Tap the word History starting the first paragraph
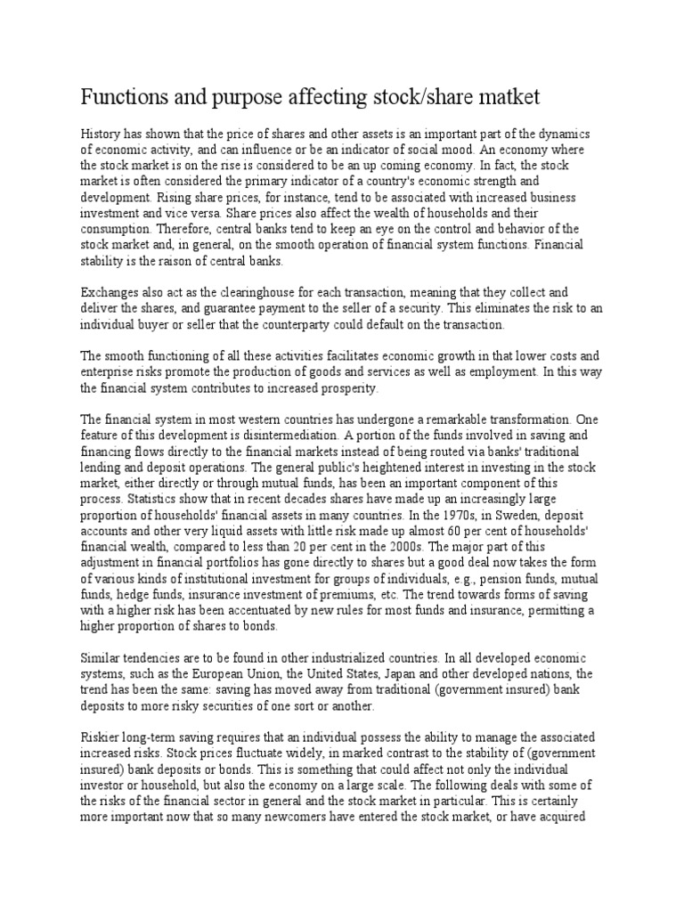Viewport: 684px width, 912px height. click(100, 133)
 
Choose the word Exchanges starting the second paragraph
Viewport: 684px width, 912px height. click(109, 292)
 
